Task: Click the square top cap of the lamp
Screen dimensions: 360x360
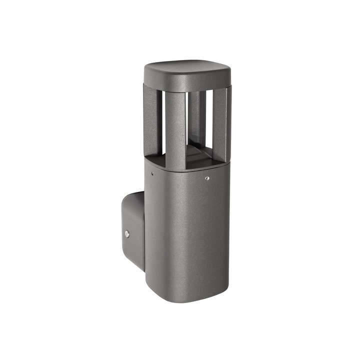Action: [x=187, y=69]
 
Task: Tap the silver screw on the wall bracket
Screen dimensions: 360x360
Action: [x=127, y=233]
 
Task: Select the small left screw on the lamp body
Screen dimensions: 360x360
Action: [x=152, y=173]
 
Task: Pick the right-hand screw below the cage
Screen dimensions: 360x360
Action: [x=207, y=177]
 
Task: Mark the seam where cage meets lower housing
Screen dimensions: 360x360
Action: [x=187, y=159]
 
